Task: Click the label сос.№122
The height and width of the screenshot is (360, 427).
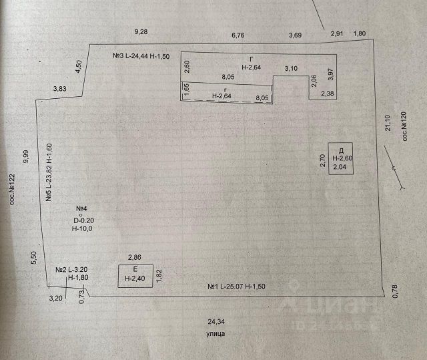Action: (x=11, y=191)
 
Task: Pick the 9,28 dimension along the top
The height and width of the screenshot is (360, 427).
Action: (x=141, y=31)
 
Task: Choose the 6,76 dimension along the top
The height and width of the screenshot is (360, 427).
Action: (x=238, y=35)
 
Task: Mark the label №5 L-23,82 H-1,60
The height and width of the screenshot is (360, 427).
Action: (x=49, y=172)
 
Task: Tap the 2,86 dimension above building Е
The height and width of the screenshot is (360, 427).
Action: (x=135, y=257)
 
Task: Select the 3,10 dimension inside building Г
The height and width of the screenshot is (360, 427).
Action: (x=291, y=68)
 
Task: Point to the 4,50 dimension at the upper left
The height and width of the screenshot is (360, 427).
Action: (x=79, y=67)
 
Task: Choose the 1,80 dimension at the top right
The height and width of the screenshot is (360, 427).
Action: (x=360, y=33)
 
